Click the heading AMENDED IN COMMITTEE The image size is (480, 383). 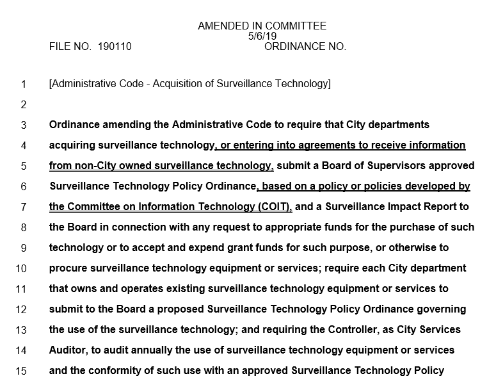point(262,26)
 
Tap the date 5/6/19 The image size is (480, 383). point(262,37)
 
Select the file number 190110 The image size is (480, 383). point(115,47)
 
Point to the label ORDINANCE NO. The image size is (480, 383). point(305,47)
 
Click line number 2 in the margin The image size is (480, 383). point(24,104)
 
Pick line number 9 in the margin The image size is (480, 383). point(24,248)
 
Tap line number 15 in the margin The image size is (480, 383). point(21,371)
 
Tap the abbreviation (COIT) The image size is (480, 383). point(272,207)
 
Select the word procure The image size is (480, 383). point(68,268)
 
